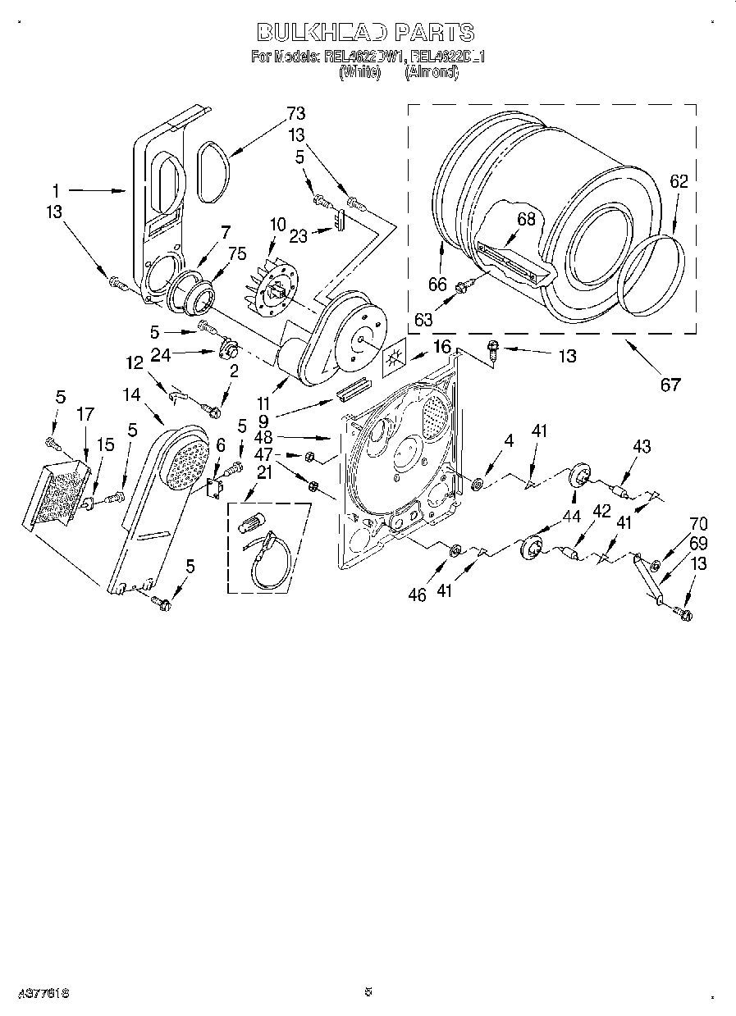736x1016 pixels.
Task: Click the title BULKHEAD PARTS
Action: click(x=366, y=32)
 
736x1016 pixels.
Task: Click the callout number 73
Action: click(x=295, y=113)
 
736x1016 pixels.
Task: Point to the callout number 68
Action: click(x=527, y=219)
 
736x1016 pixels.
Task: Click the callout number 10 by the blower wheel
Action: click(x=277, y=224)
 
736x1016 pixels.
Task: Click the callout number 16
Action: click(x=441, y=347)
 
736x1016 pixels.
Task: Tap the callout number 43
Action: click(x=641, y=446)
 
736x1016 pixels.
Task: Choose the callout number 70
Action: click(x=698, y=524)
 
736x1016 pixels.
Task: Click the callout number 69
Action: click(x=698, y=543)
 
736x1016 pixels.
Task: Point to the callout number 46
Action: click(x=417, y=595)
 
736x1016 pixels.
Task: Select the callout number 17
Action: click(x=87, y=414)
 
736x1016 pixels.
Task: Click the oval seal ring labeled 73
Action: click(x=211, y=172)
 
